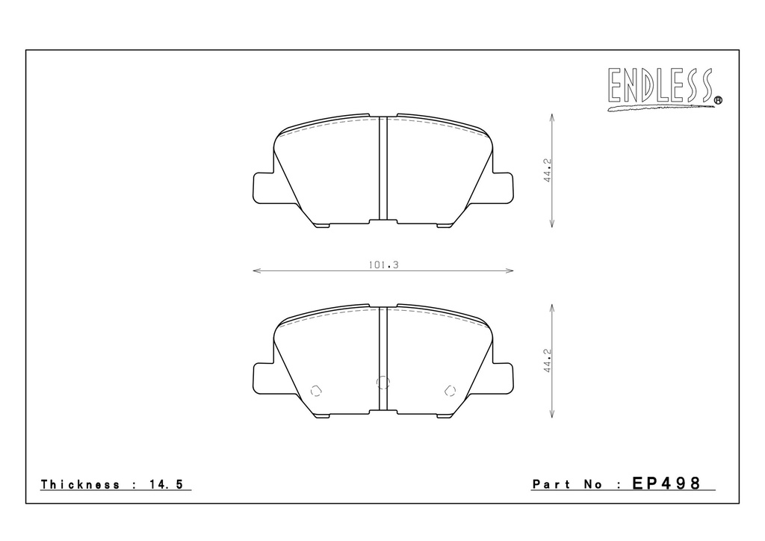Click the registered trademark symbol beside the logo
pyautogui.click(x=718, y=100)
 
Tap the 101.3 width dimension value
pyautogui.click(x=383, y=265)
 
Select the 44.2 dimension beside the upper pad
pyautogui.click(x=548, y=170)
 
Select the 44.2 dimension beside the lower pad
pyautogui.click(x=548, y=360)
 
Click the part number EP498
pyautogui.click(x=666, y=483)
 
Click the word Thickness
pyautogui.click(x=80, y=484)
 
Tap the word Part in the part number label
pyautogui.click(x=551, y=484)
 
